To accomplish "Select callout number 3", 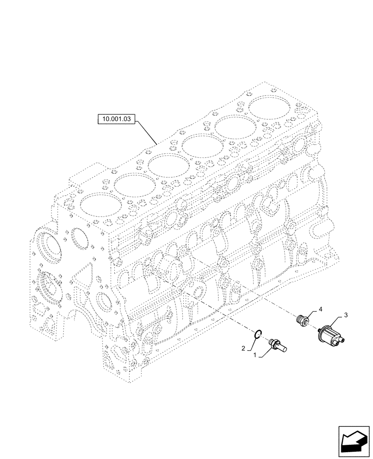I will point(346,315).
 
